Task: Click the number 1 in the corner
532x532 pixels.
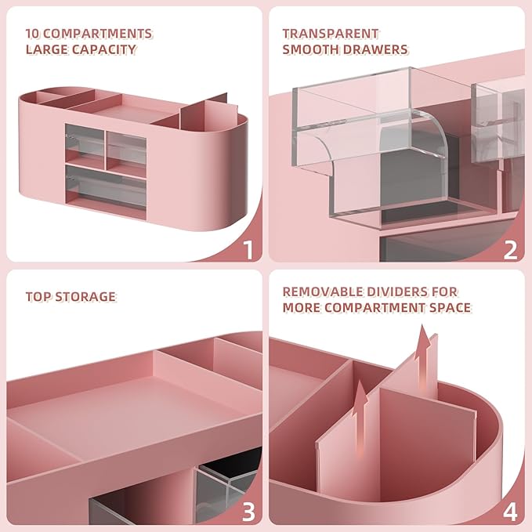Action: (248, 250)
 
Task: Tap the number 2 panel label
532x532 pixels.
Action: (510, 250)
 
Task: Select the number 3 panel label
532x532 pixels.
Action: (248, 512)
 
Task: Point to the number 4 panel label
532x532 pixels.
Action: (510, 512)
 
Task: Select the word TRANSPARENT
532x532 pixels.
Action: (331, 34)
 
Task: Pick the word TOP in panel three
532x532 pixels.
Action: (38, 297)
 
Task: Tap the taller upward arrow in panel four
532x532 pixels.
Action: (424, 353)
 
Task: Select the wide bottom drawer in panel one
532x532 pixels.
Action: (106, 186)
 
